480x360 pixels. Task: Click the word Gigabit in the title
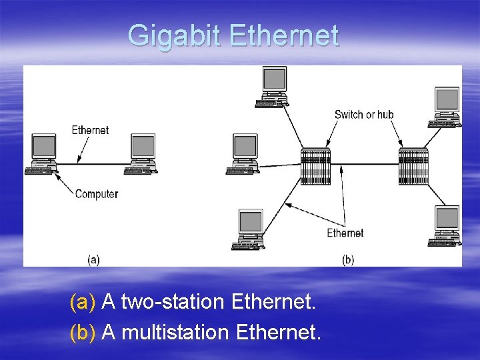coord(175,35)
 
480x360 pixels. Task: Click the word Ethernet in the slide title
coord(284,35)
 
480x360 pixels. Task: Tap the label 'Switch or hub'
coord(364,114)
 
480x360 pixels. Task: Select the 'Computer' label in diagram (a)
coord(97,194)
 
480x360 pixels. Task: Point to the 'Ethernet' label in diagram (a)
coord(90,130)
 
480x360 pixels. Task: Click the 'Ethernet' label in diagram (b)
coord(345,233)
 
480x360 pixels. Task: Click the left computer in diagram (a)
coord(43,154)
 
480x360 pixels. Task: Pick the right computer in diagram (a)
coord(143,154)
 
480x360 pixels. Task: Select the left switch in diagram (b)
coord(315,167)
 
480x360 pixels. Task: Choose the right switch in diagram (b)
coord(413,167)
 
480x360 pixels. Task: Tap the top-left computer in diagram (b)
coord(273,87)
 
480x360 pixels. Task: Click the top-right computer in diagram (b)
coord(445,107)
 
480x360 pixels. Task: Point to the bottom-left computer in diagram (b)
coord(249,230)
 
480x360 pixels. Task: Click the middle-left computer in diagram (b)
coord(244,154)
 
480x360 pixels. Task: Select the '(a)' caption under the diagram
coord(93,259)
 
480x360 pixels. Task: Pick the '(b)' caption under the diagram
coord(348,259)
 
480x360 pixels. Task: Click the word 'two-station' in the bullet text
coord(172,303)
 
